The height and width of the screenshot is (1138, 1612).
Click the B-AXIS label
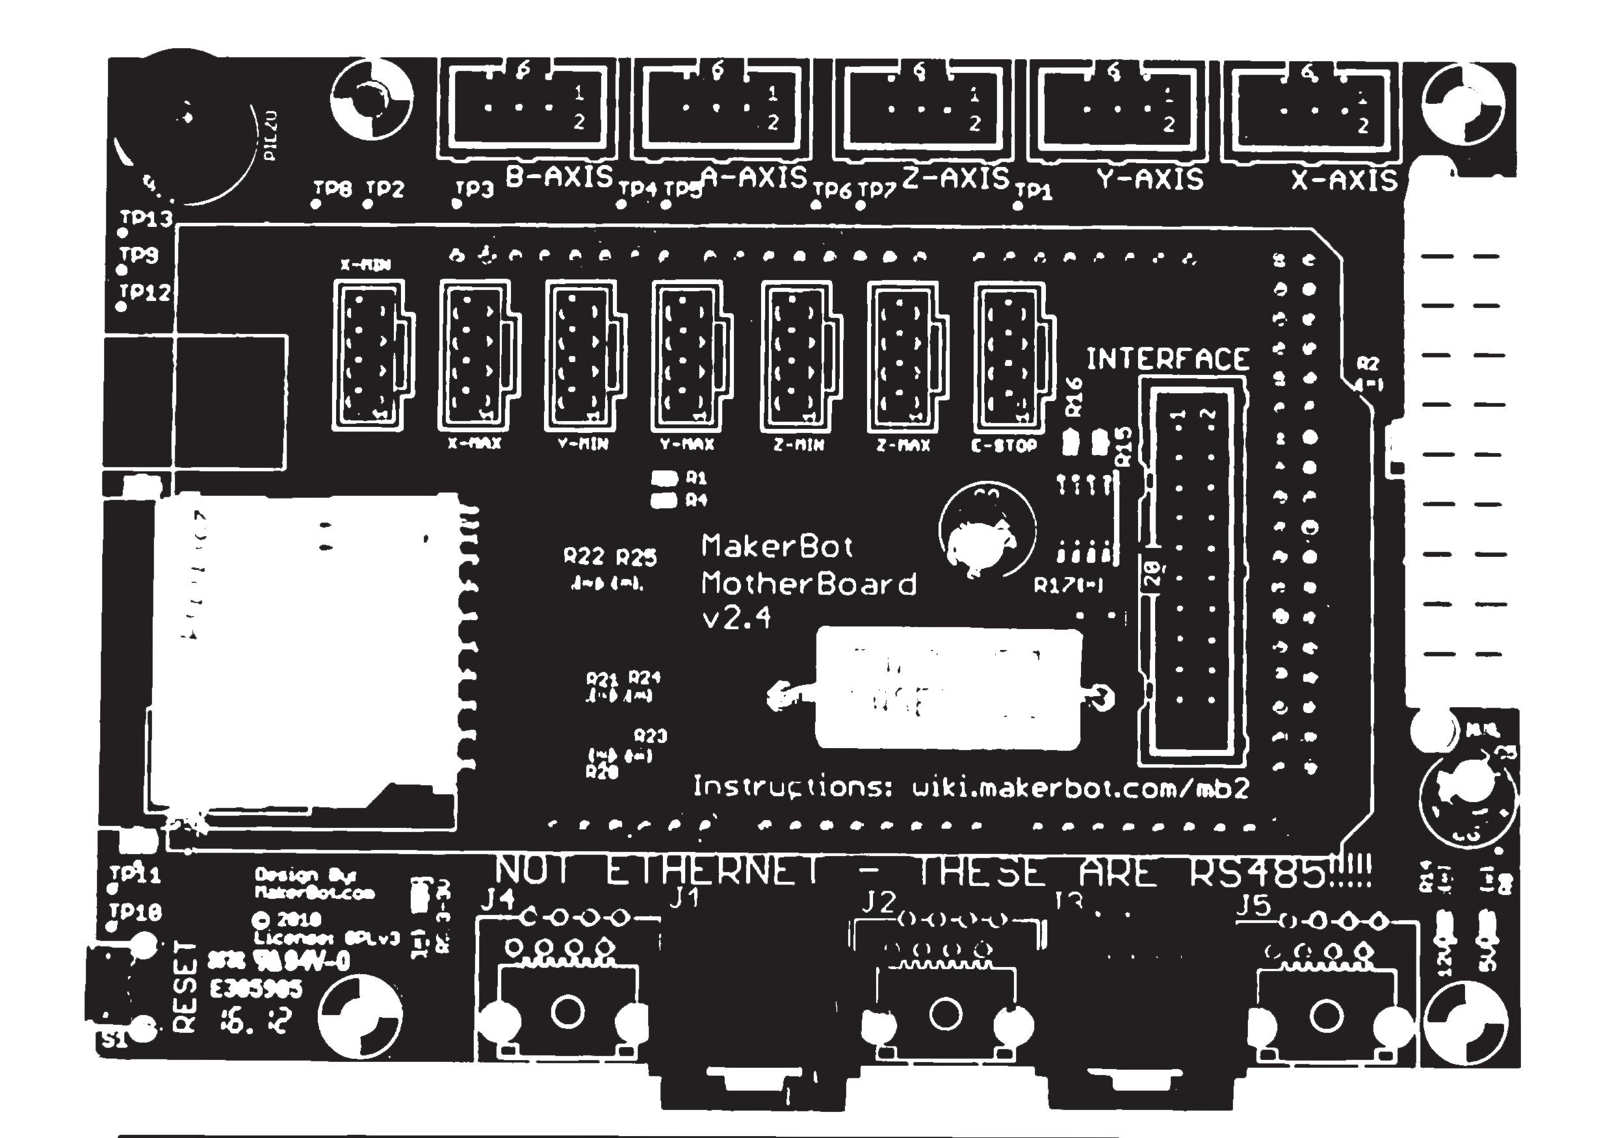559,177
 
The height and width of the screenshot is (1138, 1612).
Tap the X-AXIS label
1344,181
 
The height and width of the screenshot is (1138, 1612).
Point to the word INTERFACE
1167,359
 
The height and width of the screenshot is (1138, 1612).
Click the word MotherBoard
809,584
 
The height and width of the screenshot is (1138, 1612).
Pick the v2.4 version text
736,618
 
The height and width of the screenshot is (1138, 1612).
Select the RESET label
184,986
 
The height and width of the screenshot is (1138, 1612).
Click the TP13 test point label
146,219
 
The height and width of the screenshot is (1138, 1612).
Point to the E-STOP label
1004,446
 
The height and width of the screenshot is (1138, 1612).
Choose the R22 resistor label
584,557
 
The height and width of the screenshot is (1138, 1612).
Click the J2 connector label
878,902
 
